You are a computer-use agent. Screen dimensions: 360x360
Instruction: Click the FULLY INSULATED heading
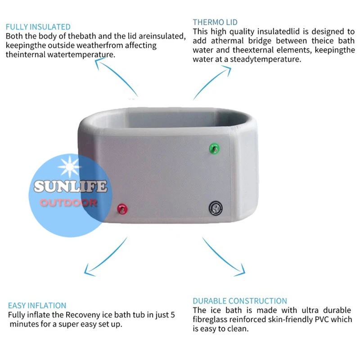click(x=38, y=27)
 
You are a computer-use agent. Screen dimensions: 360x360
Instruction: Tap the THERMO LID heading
click(x=215, y=22)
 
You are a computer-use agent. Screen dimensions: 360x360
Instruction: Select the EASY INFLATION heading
click(x=37, y=306)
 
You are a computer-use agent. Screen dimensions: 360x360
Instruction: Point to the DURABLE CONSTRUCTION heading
click(x=240, y=301)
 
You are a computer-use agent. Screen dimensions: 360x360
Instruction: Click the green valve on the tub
click(x=214, y=148)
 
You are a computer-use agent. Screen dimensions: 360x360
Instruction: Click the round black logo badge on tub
click(x=216, y=207)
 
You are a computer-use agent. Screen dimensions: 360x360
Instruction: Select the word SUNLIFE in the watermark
click(x=70, y=186)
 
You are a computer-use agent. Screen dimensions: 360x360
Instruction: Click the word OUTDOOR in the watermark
click(x=68, y=202)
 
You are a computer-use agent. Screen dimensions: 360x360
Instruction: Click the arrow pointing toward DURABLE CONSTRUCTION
click(x=224, y=256)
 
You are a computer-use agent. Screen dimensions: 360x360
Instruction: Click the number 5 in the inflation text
click(x=172, y=315)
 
